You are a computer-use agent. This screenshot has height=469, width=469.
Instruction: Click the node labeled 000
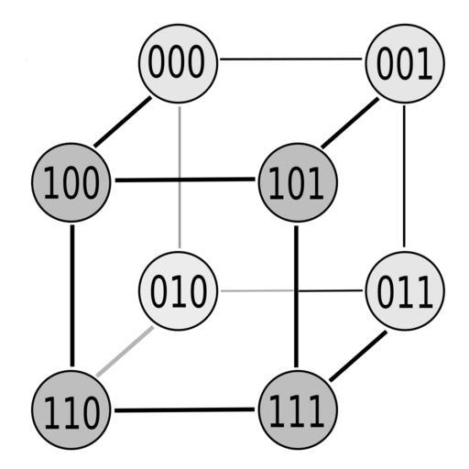point(179,63)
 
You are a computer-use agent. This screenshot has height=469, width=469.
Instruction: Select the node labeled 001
point(405,63)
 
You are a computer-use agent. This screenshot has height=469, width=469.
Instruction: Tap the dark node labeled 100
point(71,182)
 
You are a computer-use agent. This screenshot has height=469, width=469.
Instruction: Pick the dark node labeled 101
point(298,182)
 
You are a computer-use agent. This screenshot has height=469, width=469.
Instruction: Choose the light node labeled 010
point(179,291)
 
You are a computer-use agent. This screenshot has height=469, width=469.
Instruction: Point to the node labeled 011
point(405,291)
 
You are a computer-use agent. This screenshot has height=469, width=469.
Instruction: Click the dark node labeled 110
point(71,409)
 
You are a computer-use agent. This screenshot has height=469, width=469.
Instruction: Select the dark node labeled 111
point(298,409)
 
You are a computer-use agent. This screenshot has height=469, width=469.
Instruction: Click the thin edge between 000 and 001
point(291,59)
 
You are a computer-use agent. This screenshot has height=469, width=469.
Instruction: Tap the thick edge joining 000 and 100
point(123,122)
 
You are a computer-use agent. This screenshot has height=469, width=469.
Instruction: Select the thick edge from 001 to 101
point(350,123)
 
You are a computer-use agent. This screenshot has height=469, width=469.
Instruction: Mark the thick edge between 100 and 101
point(185,180)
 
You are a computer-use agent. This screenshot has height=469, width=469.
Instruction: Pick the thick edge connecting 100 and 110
point(72,296)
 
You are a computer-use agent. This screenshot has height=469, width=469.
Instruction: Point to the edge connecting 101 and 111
point(296,297)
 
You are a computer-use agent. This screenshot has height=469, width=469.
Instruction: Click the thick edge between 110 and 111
point(184,409)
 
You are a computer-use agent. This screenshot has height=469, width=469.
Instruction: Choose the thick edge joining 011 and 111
point(358,356)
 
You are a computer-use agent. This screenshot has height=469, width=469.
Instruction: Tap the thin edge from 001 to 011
point(404,176)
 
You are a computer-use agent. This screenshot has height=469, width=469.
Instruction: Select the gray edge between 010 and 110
point(125,351)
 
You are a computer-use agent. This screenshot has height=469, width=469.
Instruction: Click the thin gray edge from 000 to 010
point(180,177)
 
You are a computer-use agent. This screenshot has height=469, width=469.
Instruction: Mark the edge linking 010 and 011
point(291,290)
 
